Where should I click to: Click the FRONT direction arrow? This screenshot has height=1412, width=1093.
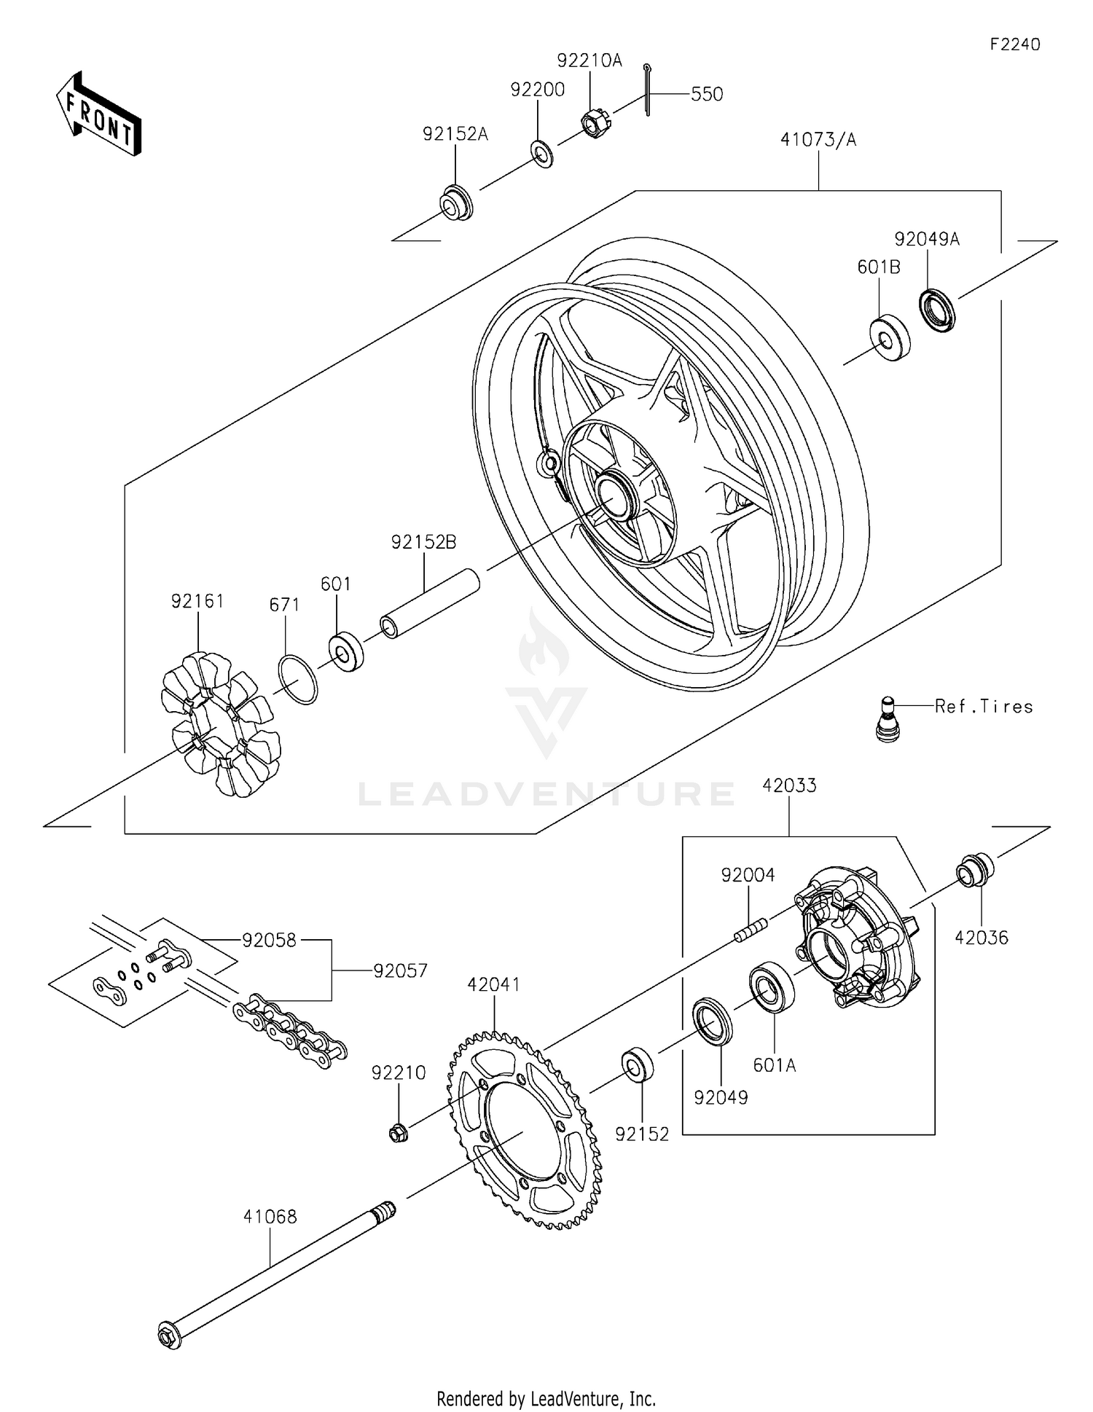click(98, 114)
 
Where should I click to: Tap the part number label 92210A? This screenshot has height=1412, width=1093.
click(589, 60)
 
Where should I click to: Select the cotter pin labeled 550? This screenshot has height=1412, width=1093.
click(647, 89)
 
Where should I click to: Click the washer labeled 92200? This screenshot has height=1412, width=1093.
click(541, 154)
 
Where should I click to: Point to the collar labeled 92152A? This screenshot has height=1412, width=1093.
click(457, 203)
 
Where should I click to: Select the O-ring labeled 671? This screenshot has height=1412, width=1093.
click(297, 679)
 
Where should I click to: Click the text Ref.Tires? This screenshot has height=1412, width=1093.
click(984, 706)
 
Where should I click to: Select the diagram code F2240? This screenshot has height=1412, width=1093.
click(1014, 44)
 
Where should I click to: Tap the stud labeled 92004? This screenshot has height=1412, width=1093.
click(751, 930)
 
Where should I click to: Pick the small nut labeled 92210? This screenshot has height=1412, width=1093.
click(398, 1132)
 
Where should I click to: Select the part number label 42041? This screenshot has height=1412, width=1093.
click(493, 984)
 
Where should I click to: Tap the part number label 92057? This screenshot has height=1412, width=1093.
click(400, 970)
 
